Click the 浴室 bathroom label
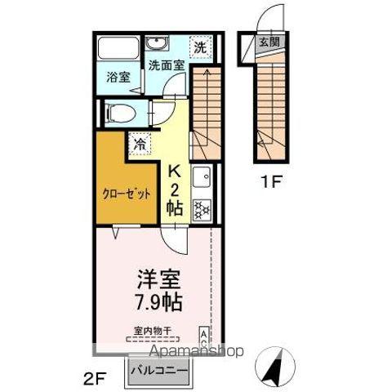coord(118,78)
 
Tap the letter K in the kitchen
coord(175,171)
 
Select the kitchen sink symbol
coord(202,176)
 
